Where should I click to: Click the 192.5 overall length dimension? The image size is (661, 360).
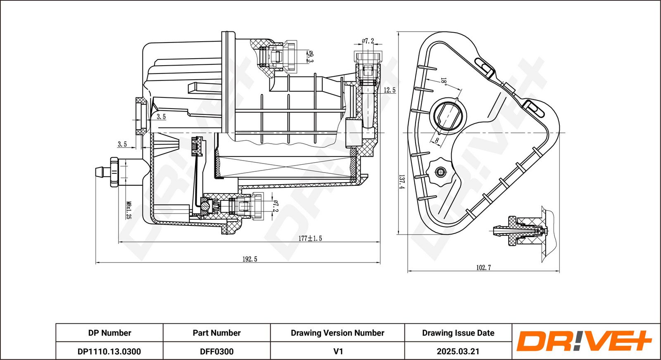coord(250,259)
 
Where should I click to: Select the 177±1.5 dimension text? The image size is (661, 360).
coord(310,238)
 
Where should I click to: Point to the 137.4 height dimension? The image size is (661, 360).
coord(401,182)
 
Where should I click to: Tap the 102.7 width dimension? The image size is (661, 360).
coord(483,268)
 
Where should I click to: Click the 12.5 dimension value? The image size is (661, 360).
coord(389,90)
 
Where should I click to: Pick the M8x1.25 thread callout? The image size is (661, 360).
coord(128,210)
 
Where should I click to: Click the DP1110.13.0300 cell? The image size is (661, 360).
coord(109,351)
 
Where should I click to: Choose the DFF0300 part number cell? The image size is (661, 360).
coord(216,351)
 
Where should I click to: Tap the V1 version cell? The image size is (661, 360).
coord(338,351)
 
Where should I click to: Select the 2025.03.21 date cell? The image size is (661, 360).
coord(458,351)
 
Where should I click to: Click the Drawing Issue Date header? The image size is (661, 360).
coord(458,333)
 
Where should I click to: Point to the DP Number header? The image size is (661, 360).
coord(109,333)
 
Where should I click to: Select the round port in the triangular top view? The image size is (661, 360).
coord(448,115)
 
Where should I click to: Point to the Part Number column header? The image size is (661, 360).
coord(216,333)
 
